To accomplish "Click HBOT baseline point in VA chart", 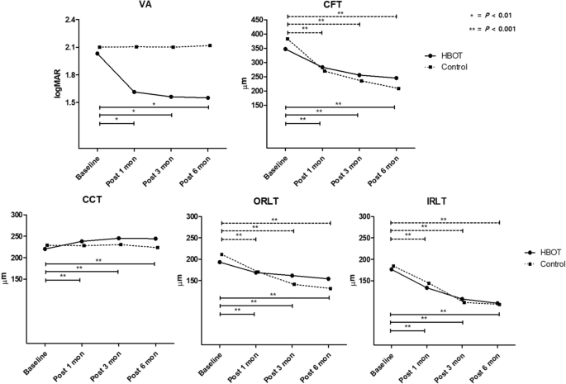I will (x=98, y=54).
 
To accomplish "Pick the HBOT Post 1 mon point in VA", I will (x=135, y=92).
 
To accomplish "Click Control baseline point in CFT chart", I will (x=287, y=39).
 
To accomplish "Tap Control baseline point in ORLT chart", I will (x=221, y=254).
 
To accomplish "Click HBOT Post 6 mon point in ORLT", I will (x=328, y=279).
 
